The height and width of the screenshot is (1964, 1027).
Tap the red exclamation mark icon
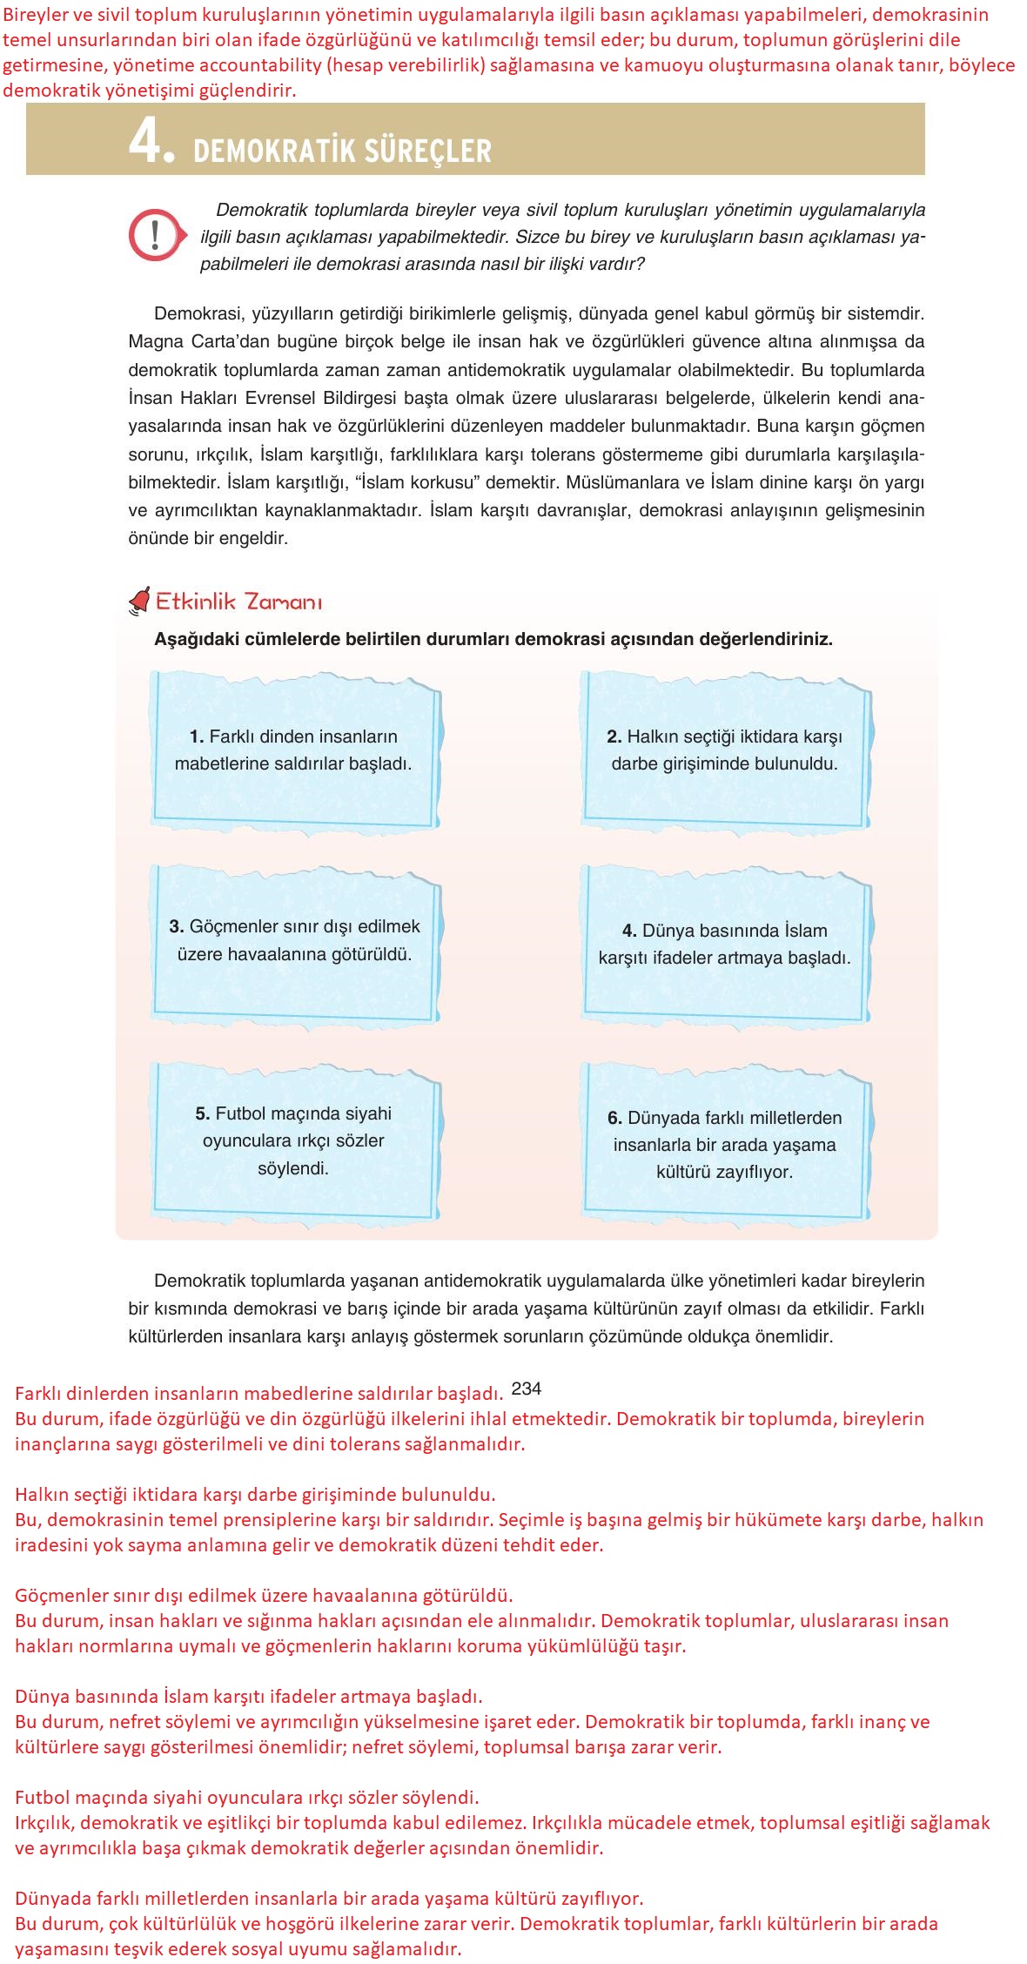pyautogui.click(x=155, y=235)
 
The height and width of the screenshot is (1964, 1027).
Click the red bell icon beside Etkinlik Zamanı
pyautogui.click(x=139, y=601)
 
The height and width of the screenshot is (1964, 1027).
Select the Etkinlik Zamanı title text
pyautogui.click(x=238, y=602)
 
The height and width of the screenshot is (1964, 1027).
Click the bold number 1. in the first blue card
pyautogui.click(x=197, y=736)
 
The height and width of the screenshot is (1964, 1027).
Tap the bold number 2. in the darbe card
pyautogui.click(x=614, y=736)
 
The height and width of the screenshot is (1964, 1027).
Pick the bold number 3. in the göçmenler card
pyautogui.click(x=176, y=926)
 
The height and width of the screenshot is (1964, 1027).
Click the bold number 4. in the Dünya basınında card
pyautogui.click(x=629, y=931)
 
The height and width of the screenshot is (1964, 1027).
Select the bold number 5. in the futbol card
pyautogui.click(x=202, y=1113)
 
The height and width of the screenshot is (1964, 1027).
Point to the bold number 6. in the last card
pyautogui.click(x=614, y=1118)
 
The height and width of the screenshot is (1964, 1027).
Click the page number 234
pyautogui.click(x=527, y=1389)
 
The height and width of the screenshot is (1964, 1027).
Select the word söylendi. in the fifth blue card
pyautogui.click(x=293, y=1168)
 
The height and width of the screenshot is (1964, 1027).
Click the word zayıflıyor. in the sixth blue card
pyautogui.click(x=755, y=1172)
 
